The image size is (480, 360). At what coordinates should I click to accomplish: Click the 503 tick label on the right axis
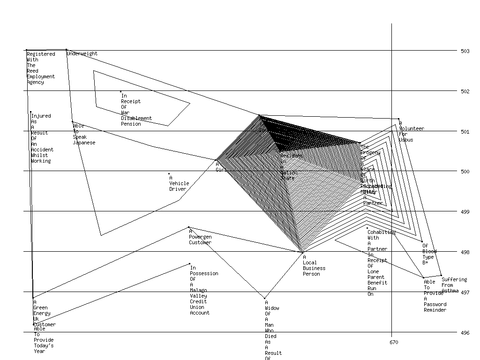point(465,51)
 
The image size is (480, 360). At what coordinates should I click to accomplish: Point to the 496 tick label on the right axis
point(465,333)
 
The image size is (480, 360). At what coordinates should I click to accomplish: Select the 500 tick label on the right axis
point(465,172)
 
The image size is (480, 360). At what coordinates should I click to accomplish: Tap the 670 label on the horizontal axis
point(394,343)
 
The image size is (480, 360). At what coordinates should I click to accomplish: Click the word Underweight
point(82,54)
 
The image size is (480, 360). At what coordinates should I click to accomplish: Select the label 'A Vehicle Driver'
point(179,184)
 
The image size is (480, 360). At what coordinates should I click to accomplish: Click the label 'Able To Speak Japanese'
point(84,134)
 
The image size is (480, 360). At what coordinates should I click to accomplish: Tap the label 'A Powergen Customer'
point(200,237)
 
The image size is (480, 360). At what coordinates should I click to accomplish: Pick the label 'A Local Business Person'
point(314,266)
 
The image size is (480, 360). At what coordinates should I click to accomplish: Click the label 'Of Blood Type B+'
point(429,254)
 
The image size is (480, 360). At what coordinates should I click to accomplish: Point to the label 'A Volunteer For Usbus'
point(411,132)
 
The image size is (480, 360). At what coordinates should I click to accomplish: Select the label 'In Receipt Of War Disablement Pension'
point(136,110)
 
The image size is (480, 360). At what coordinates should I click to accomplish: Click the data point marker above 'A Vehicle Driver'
point(169,173)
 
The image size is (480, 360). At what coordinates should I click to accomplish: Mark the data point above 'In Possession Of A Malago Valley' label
point(189,263)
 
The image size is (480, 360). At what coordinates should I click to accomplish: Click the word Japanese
point(84,143)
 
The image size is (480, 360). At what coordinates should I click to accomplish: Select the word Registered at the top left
point(41,54)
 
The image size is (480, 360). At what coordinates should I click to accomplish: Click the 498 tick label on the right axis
point(465,253)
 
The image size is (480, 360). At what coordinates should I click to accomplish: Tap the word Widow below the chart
point(272,308)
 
